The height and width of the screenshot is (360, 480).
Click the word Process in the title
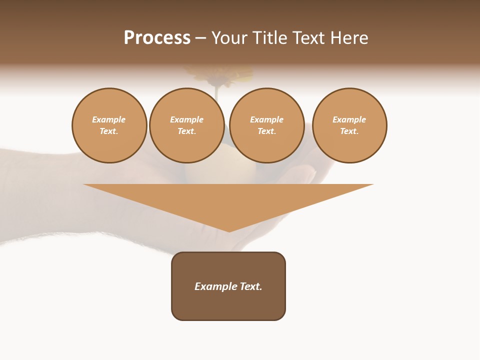[x=157, y=38]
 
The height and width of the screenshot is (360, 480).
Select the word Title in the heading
[x=270, y=38]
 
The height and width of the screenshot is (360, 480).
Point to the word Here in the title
[x=349, y=38]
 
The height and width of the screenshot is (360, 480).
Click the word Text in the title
[x=309, y=38]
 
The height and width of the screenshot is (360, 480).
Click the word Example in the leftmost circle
[x=109, y=120]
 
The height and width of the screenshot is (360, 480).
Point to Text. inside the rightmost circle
[x=349, y=131]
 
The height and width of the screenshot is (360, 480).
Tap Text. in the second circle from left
[x=187, y=131]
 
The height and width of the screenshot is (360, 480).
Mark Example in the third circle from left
[x=267, y=120]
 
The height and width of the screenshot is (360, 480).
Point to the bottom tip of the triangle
[x=229, y=230]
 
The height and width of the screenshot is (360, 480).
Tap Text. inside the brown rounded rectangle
[x=251, y=286]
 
